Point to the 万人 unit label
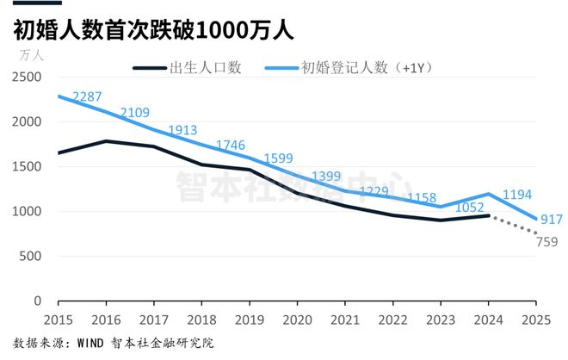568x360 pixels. click(32, 55)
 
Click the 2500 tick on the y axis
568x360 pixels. click(26, 77)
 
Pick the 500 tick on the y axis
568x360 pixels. click(30, 256)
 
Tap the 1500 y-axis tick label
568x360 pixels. click(26, 166)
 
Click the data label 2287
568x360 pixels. click(88, 96)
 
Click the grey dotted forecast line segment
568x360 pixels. click(514, 225)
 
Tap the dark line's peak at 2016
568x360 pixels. click(105, 141)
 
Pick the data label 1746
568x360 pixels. click(232, 145)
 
